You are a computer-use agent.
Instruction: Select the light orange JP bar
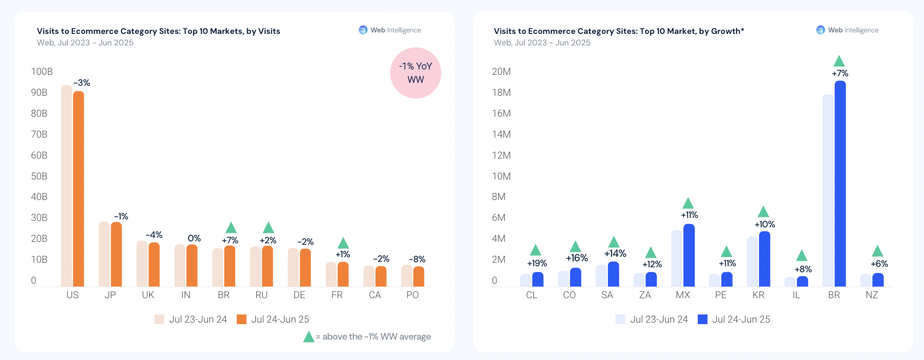click(x=104, y=254)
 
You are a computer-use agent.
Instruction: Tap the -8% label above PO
click(x=417, y=259)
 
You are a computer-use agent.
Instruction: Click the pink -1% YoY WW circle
click(x=416, y=73)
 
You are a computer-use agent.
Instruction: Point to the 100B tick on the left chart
click(x=42, y=71)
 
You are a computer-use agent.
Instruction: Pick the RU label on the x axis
click(x=261, y=295)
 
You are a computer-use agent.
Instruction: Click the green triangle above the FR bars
click(x=343, y=243)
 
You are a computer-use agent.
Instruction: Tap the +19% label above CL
click(x=537, y=263)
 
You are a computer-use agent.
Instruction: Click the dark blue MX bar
click(x=689, y=255)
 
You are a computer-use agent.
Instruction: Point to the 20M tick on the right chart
click(x=501, y=71)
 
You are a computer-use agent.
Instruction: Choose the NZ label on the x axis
click(x=872, y=295)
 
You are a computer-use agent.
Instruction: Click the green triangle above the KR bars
click(x=763, y=212)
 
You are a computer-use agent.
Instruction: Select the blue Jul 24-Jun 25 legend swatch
click(x=703, y=319)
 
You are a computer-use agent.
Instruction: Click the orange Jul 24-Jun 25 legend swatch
click(x=242, y=319)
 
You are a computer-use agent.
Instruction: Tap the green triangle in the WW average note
click(x=309, y=337)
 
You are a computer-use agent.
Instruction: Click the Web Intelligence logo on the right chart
click(x=821, y=30)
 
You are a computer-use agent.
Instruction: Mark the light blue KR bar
click(x=752, y=261)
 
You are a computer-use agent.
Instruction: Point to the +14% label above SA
click(x=615, y=253)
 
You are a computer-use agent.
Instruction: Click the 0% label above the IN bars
click(x=194, y=238)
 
